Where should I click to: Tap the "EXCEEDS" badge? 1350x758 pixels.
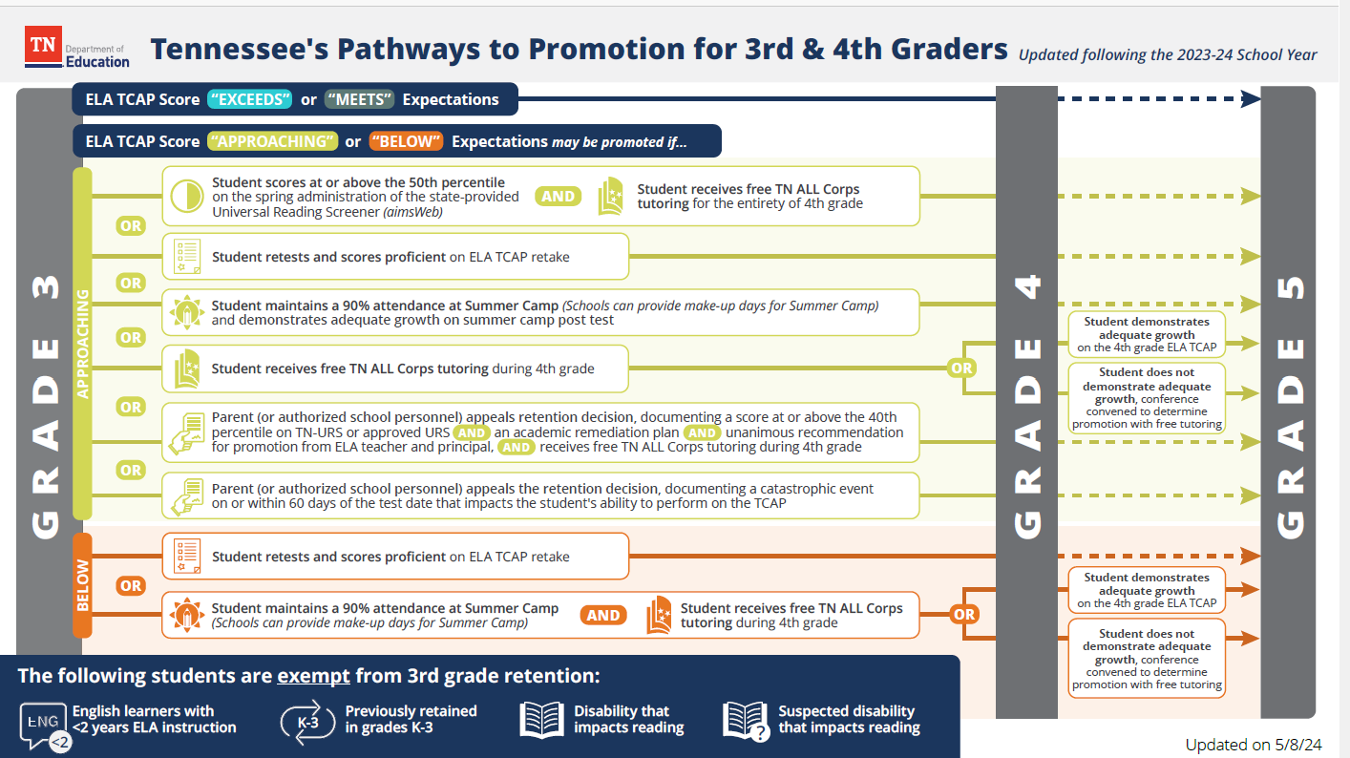coord(247,99)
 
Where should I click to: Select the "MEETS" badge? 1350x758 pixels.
coord(359,99)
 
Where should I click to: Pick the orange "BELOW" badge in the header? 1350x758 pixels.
coord(406,141)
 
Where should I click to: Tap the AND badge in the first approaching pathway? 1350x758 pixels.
coord(559,197)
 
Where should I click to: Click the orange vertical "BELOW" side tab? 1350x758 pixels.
coord(82,584)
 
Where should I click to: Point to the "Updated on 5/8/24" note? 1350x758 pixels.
coord(1253,744)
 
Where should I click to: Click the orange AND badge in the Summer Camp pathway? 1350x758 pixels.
coord(603,616)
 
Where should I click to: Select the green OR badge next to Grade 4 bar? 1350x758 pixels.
coord(961,368)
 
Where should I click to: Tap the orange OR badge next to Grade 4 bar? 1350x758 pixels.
coord(964,614)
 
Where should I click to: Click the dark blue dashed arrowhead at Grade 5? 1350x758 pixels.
coord(1251,98)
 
